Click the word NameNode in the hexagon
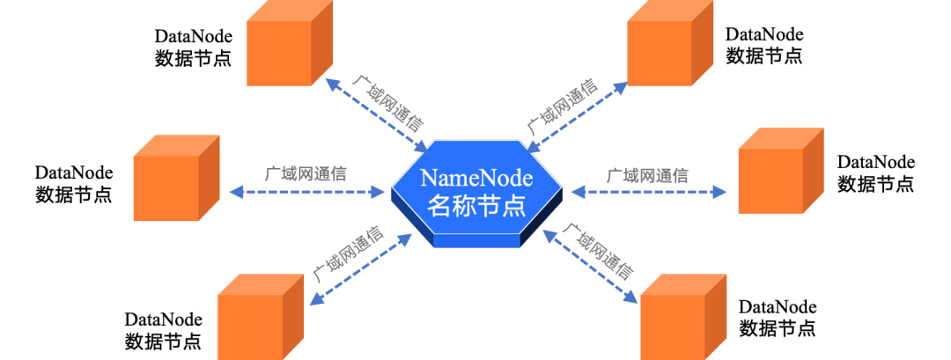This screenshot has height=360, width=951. coord(476,178)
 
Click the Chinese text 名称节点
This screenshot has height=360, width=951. coord(476,207)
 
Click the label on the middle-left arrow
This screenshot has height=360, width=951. coord(306,173)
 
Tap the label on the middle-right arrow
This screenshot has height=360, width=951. coord(647,173)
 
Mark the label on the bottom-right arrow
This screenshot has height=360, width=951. coord(598,251)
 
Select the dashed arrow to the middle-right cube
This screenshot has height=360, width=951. coord(650,191)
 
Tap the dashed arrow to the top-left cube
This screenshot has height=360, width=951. coord(377,114)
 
